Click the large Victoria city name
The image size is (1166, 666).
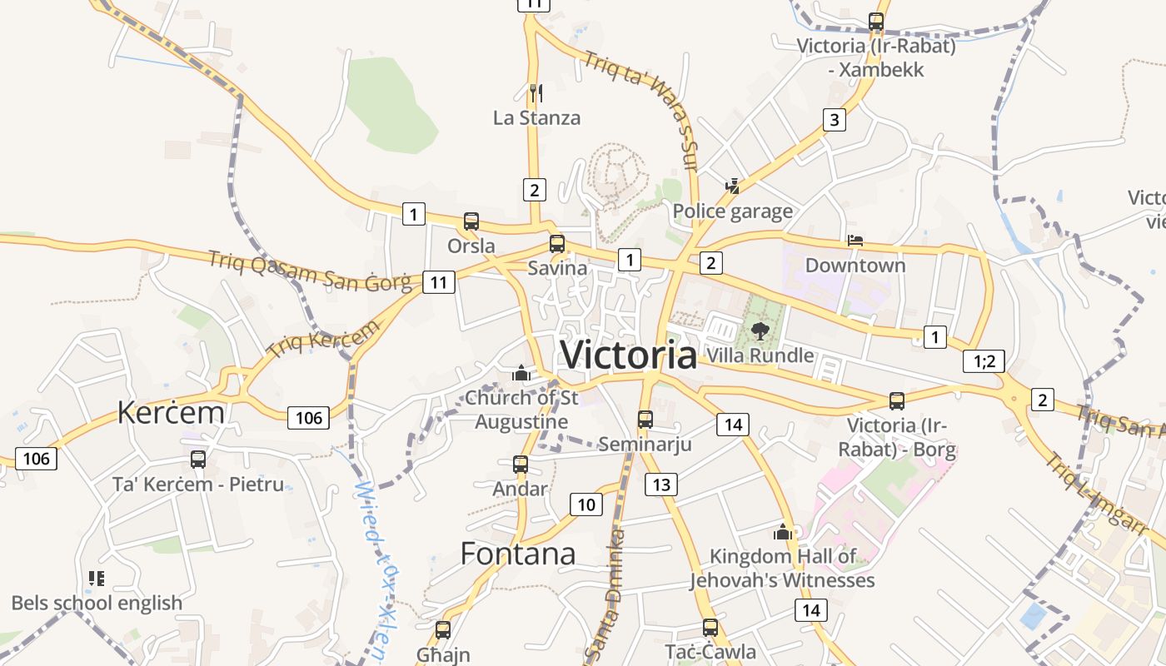pos(629,355)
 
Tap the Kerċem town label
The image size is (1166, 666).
pos(171,412)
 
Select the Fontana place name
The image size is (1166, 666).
pos(517,554)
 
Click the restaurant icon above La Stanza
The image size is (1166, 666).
pos(536,92)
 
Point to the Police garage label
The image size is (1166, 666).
pos(732,211)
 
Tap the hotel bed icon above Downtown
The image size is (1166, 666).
pos(855,241)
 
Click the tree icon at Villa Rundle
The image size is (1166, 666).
pos(759,331)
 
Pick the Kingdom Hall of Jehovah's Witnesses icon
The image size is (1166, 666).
pos(782,532)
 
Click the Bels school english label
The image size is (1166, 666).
pos(97,603)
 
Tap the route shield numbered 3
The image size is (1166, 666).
pos(834,120)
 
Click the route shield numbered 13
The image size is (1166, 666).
pos(661,485)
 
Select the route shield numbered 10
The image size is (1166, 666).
pos(586,504)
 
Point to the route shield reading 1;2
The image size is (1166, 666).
pos(984,361)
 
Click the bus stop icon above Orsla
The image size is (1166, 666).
pos(471,221)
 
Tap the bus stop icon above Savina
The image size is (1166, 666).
pos(556,244)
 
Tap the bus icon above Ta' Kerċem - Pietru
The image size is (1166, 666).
pos(198,459)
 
